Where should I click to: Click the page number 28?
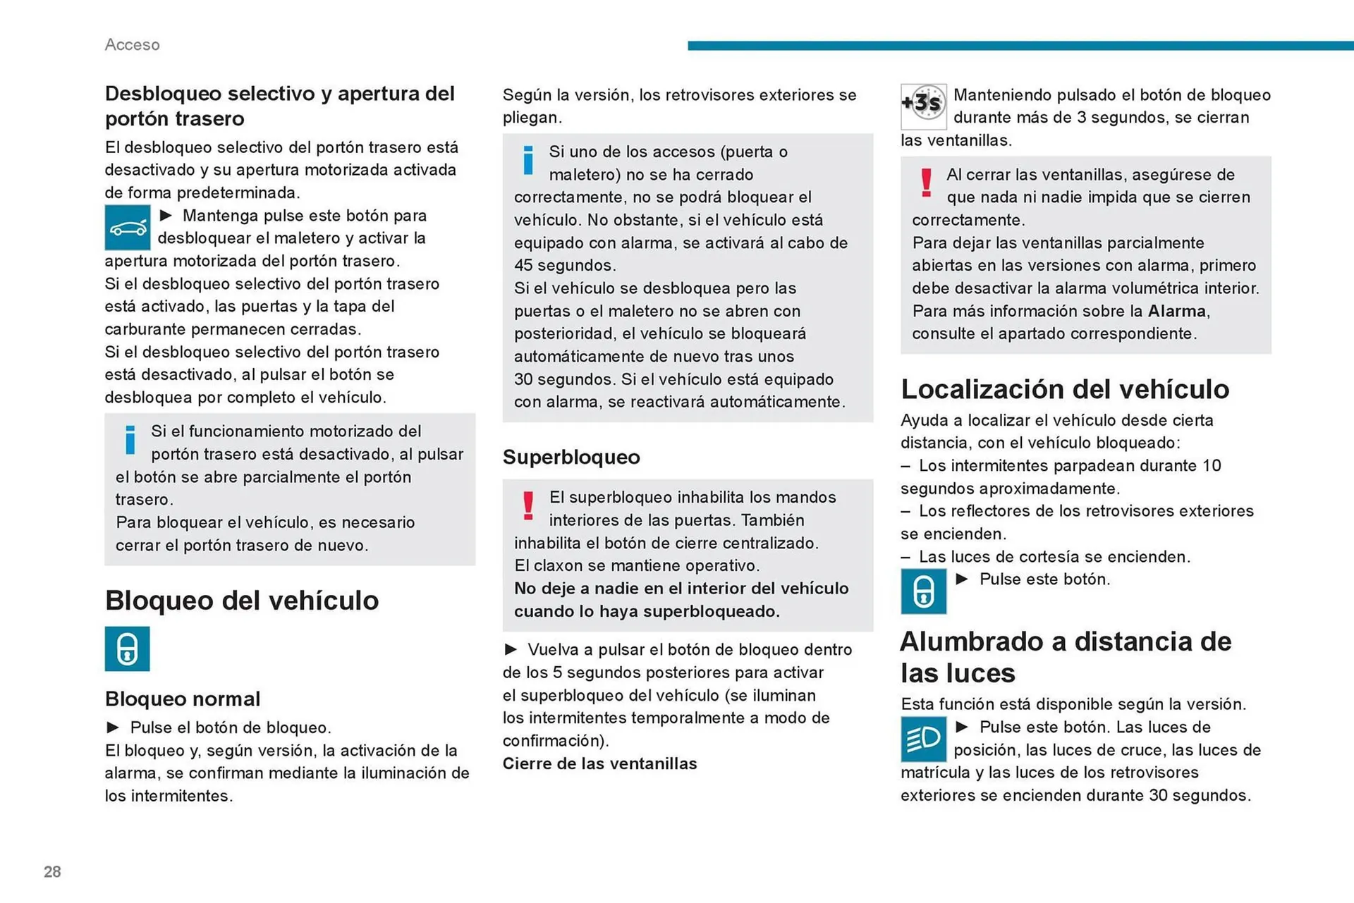pos(52,871)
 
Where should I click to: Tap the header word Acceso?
pos(132,44)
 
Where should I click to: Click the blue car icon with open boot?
pos(128,228)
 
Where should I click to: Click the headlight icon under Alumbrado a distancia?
pos(923,739)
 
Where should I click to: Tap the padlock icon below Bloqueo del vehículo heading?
pos(128,649)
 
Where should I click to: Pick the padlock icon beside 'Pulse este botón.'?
pos(923,591)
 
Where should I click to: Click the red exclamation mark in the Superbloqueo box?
pos(528,505)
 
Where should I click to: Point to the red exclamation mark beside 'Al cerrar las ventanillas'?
pos(926,183)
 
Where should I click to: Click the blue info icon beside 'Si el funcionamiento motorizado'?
pos(130,440)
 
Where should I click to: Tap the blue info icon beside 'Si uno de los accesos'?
pos(528,160)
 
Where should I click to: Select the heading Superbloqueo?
pos(571,457)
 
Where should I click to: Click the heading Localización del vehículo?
pos(1064,389)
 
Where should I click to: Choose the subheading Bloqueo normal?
pos(183,699)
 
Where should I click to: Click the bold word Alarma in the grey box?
pos(1176,311)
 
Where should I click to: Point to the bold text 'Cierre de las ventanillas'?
pos(599,763)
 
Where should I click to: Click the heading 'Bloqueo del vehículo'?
pos(242,601)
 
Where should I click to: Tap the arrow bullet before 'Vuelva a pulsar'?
pos(511,649)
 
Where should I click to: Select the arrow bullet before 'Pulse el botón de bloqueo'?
pos(113,727)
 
